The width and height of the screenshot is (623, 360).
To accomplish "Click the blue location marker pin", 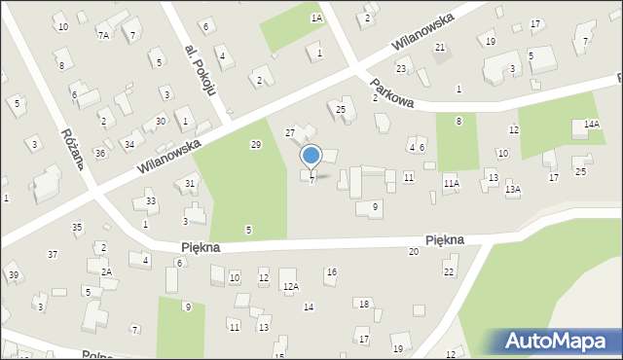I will [x=311, y=156].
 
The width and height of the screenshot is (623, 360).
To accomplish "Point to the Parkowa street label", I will [x=392, y=95].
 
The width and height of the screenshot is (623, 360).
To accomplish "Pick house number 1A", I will [x=316, y=18].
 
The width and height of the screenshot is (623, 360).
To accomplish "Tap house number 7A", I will [x=103, y=35].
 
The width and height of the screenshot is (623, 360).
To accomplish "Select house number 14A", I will [x=591, y=125].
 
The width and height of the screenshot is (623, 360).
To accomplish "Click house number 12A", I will [x=290, y=286].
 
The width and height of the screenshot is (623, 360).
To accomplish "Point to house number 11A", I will [x=451, y=182].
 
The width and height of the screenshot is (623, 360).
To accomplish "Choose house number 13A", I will [x=512, y=190].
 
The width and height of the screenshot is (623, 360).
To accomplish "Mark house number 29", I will [x=256, y=144].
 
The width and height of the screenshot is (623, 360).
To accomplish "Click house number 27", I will [x=289, y=132].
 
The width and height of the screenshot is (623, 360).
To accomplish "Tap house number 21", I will [x=440, y=47].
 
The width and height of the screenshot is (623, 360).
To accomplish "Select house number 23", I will [x=401, y=68].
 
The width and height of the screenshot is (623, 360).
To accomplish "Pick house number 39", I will [x=14, y=275].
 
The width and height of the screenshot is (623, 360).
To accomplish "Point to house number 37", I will [x=53, y=254].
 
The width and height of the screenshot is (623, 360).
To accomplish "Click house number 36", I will [x=99, y=153].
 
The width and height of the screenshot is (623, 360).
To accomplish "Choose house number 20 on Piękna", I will [x=413, y=252].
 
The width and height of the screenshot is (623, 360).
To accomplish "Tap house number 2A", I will [x=106, y=271].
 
